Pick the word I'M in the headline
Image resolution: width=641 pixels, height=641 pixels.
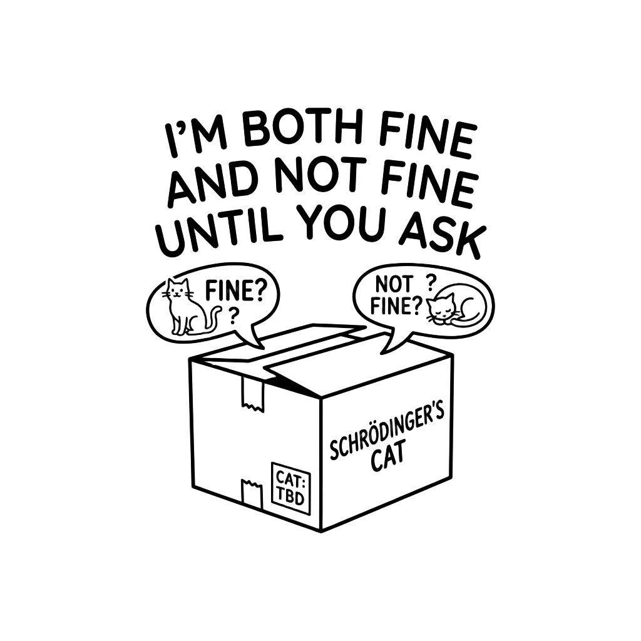click(x=195, y=140)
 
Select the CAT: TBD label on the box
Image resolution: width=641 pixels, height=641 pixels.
click(x=290, y=488)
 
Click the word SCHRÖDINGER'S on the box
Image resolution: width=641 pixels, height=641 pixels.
click(x=386, y=429)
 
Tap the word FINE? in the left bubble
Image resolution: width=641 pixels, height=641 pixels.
click(x=235, y=292)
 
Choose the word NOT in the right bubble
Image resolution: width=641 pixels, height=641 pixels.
click(x=392, y=285)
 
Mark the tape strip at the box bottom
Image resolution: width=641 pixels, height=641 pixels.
click(x=252, y=495)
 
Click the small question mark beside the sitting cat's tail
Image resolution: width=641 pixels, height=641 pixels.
click(x=234, y=315)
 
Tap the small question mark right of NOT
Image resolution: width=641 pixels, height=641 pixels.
click(x=431, y=282)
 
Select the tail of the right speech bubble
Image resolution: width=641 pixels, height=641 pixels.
click(x=392, y=341)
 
